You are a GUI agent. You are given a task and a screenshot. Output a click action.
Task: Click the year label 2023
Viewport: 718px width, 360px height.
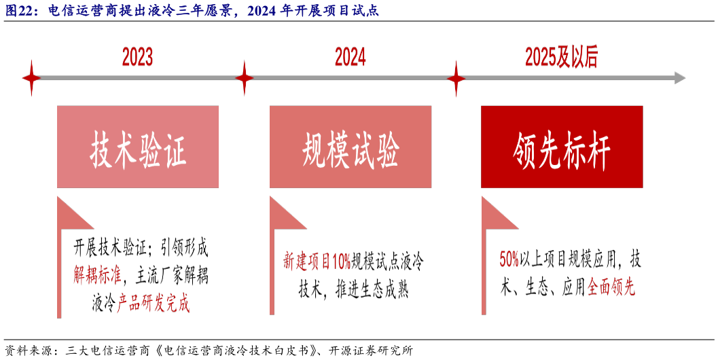coord(137,58)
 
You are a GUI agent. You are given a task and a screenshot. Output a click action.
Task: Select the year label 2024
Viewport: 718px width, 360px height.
coord(350,58)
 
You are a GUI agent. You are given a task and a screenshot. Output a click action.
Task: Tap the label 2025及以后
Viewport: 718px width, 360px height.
coord(561,58)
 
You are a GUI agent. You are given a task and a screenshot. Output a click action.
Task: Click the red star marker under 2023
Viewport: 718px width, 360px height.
coord(31,78)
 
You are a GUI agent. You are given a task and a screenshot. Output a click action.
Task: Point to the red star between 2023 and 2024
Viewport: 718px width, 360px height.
coord(244,78)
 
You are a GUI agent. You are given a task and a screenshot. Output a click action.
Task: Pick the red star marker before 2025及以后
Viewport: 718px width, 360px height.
coord(456,78)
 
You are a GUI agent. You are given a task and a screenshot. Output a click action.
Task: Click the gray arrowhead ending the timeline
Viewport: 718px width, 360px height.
coord(679,78)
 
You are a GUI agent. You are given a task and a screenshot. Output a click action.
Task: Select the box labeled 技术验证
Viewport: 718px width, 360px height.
coord(138,147)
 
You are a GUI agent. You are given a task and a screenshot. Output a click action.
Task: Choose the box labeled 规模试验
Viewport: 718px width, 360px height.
coord(351,147)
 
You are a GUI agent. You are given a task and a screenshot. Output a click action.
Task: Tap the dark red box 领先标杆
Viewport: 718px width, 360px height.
coord(562,147)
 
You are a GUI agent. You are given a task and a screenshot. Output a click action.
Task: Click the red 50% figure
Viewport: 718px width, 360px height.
coord(509,259)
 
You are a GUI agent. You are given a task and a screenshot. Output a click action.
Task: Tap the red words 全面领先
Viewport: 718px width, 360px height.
coord(611,287)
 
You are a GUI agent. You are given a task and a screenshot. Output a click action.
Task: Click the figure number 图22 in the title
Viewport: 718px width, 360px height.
coord(20,10)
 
